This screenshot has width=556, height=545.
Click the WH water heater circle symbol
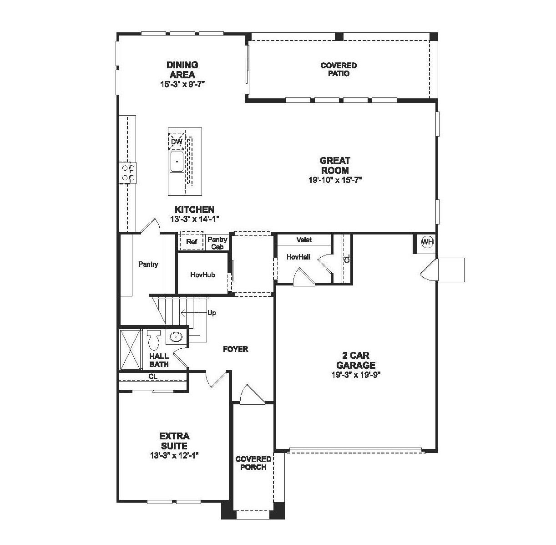point(427,242)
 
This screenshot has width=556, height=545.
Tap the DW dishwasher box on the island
point(177,142)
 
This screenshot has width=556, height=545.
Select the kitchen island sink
point(177,161)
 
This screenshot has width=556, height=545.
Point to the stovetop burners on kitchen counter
point(128,173)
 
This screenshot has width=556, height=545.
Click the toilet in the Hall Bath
point(153,339)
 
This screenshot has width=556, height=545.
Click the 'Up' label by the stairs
point(212,313)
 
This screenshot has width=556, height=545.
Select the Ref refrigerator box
point(192,241)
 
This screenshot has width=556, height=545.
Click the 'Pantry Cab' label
point(217,243)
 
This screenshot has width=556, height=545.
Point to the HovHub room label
point(202,275)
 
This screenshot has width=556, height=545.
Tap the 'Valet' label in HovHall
point(304,239)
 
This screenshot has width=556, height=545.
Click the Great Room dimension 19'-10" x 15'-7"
point(335,180)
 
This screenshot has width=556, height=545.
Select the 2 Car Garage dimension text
point(355,375)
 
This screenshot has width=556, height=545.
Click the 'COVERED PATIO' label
point(339,69)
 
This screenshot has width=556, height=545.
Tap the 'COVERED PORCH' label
point(253,463)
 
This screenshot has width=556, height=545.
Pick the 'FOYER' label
point(235,349)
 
